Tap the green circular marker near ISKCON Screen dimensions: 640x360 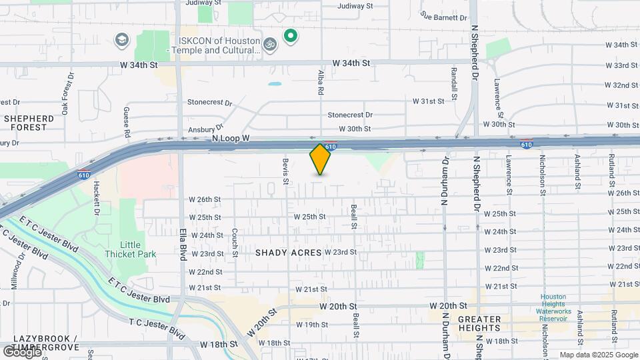[x=290, y=36]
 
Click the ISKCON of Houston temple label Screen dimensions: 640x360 [x=215, y=45]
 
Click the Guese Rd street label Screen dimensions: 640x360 [x=126, y=123]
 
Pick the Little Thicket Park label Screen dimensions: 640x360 [x=130, y=249]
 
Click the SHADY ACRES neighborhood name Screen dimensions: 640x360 [x=289, y=253]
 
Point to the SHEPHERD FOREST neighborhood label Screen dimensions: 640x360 [x=25, y=123]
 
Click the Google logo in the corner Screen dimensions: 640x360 [x=21, y=352]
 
